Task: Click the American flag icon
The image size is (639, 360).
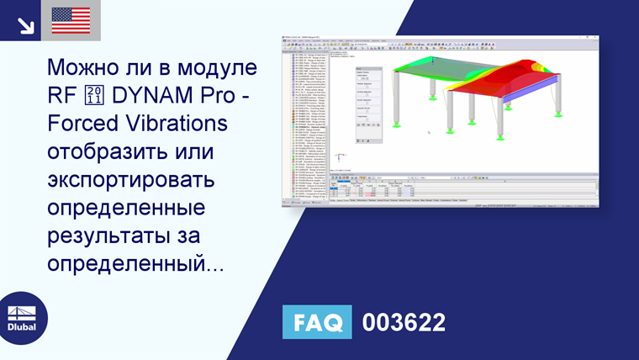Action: click(71, 20)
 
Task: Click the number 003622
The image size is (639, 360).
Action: click(403, 322)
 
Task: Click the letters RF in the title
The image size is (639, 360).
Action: click(62, 95)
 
